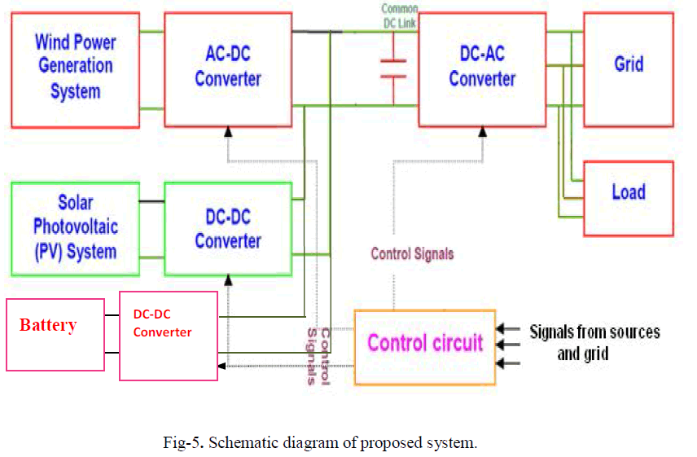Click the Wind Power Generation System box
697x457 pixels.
[75, 69]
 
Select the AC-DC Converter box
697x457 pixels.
[228, 69]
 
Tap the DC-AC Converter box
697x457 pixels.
[482, 69]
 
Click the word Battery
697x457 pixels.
[48, 326]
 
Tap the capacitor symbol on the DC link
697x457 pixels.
[394, 69]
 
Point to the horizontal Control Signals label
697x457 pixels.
[412, 254]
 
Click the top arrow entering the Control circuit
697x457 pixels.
[508, 329]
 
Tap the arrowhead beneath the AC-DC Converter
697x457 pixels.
[229, 130]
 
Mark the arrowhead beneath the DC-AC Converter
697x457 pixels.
[482, 130]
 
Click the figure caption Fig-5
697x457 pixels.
[318, 443]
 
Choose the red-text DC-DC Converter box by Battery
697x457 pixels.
[169, 336]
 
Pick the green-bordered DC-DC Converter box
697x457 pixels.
[228, 229]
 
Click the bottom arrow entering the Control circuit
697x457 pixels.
[508, 363]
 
